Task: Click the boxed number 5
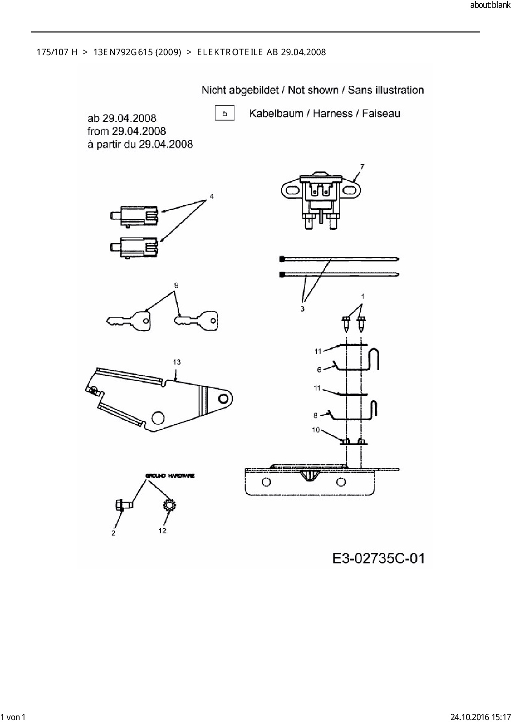225,113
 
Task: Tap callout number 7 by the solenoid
362,167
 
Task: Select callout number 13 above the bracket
176,362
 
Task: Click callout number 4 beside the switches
211,197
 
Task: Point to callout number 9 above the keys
176,285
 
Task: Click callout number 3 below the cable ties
302,309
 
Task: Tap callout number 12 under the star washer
162,531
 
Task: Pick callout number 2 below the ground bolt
113,533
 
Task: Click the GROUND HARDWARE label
170,476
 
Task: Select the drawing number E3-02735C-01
378,559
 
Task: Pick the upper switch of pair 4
134,216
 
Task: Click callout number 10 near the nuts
316,430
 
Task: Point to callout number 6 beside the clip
319,370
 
